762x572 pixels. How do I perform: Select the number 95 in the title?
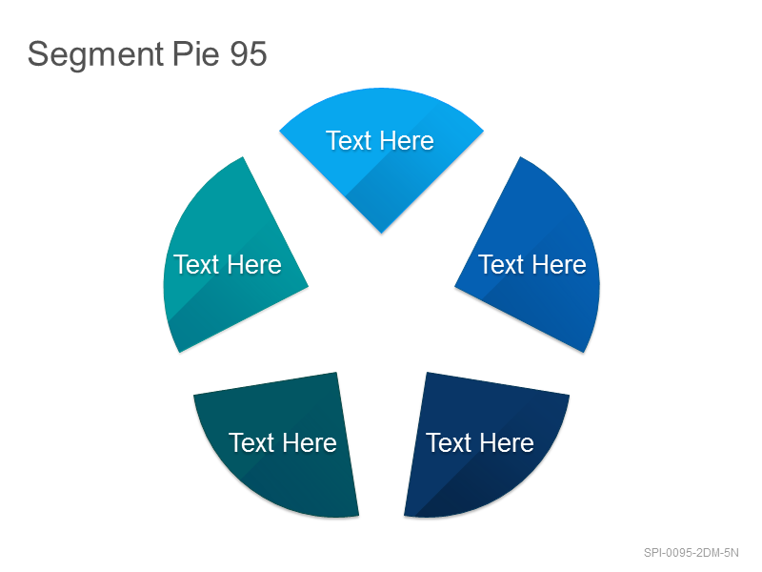pos(249,53)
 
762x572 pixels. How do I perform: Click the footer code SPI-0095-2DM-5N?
pos(692,553)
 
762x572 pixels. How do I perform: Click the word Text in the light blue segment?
pos(349,140)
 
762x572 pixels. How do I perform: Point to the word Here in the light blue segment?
pos(407,140)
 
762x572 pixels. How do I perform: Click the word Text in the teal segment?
pos(196,265)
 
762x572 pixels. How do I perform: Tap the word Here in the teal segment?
pos(254,265)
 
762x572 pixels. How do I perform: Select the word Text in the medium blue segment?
pos(501,265)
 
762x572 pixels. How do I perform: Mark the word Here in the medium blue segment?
pos(559,265)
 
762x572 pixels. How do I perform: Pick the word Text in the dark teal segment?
pos(251,442)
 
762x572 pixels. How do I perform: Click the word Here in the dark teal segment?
pos(311,442)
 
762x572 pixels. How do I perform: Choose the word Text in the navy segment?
pos(449,442)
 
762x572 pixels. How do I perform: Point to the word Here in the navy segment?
pos(507,442)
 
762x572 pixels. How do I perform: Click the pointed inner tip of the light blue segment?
pos(382,233)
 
